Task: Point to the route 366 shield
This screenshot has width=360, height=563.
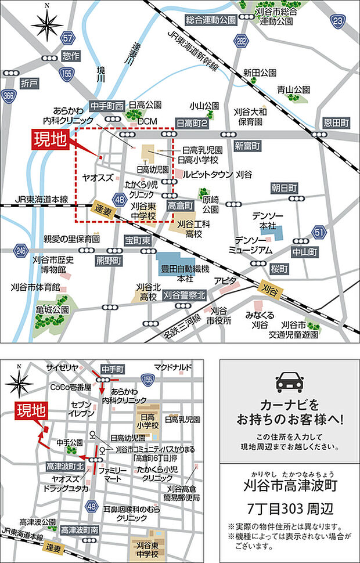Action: click(x=8, y=96)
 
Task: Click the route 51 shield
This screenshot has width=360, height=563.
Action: click(x=318, y=233)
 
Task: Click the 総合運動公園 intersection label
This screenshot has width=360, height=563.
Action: click(x=211, y=20)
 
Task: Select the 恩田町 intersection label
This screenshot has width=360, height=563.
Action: click(x=336, y=123)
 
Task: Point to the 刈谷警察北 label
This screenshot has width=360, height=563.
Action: click(x=185, y=295)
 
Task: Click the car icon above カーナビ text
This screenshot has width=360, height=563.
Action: click(x=290, y=382)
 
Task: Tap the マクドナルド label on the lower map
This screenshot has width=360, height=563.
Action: click(x=172, y=367)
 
